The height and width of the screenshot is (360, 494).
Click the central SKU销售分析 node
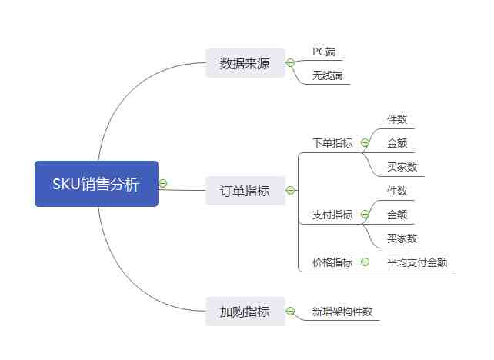96,184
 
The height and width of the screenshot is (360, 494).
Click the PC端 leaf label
324,52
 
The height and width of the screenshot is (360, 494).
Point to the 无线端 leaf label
327,75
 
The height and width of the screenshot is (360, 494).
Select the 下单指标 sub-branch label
332,143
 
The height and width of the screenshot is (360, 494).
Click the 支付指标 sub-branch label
332,215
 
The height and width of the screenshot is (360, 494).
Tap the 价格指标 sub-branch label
332,262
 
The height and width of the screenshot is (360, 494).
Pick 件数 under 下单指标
397,119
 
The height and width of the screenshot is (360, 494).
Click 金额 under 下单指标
397,143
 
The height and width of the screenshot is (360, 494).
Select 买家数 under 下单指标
402,167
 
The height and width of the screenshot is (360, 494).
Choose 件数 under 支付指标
397,191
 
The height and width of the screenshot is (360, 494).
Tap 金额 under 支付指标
397,215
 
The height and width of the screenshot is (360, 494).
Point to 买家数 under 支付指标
402,238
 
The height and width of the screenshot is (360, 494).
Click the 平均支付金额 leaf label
416,262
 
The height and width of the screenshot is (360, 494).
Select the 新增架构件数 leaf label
342,312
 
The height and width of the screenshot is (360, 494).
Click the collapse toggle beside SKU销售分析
163,184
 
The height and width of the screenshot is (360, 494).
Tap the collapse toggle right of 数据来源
290,63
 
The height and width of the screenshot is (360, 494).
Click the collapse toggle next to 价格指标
365,262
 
